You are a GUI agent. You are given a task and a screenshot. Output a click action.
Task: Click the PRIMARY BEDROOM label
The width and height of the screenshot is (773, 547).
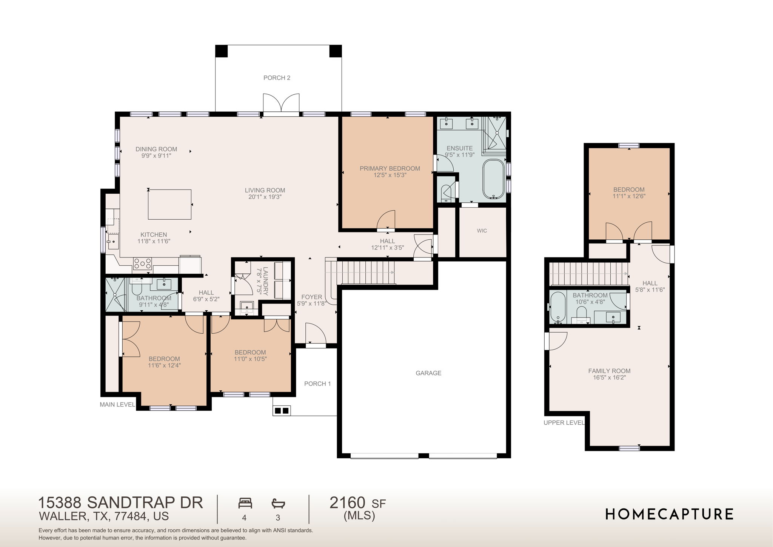[x=390, y=168]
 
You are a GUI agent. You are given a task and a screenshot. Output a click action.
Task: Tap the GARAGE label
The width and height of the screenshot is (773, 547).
[x=428, y=373]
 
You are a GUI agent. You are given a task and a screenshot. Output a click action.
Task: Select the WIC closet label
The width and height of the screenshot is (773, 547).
[x=482, y=231]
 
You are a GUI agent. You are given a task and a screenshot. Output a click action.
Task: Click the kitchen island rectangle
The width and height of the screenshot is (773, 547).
[x=169, y=204]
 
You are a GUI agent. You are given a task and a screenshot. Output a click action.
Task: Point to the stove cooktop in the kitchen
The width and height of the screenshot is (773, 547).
[x=142, y=263]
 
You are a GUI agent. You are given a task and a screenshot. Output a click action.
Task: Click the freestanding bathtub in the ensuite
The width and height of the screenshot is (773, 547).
[x=493, y=179]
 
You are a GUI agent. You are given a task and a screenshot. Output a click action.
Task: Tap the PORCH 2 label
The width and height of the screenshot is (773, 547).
[x=277, y=78]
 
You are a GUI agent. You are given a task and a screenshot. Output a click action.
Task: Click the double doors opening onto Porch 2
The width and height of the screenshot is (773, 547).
[x=281, y=104]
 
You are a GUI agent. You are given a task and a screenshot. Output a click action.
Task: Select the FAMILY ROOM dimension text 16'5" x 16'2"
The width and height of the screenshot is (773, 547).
[x=609, y=378]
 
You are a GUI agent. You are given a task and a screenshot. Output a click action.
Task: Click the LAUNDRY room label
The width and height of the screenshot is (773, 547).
[x=265, y=281]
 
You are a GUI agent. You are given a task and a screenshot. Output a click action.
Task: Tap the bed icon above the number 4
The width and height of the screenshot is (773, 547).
[x=245, y=503]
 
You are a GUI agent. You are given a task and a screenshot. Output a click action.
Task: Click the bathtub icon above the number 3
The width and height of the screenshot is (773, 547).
[x=278, y=503]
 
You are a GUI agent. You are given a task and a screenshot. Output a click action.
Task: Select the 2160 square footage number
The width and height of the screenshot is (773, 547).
[x=347, y=503]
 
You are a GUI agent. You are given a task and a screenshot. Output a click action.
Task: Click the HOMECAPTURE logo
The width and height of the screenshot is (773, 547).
[x=669, y=514]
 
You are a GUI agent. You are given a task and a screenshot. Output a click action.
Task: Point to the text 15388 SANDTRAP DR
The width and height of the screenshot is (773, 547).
[x=120, y=503]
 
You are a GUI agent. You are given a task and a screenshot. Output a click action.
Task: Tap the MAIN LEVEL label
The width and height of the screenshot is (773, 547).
[x=117, y=405]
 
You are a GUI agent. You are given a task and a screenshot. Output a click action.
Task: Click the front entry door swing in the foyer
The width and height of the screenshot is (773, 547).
[x=316, y=334]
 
